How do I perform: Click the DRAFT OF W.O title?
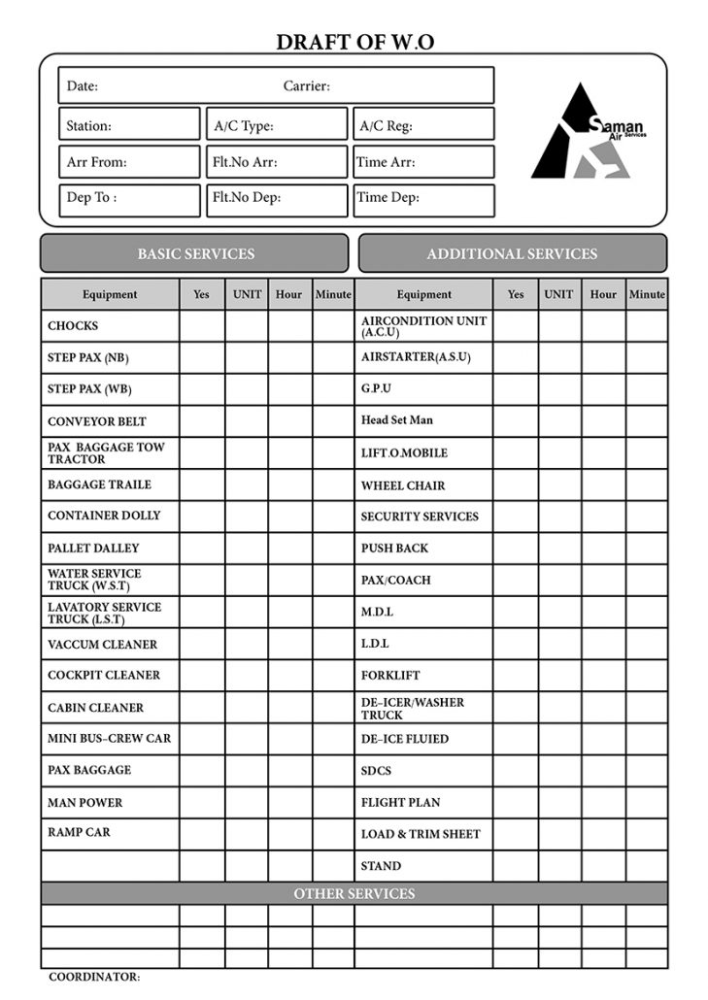[354, 42]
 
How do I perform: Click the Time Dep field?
[422, 199]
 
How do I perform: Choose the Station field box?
[129, 125]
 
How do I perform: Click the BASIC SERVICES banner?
[194, 253]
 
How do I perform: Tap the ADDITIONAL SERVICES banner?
[512, 253]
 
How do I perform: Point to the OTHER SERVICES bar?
[354, 893]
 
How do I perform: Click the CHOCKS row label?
[73, 326]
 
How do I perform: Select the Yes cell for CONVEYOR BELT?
[202, 421]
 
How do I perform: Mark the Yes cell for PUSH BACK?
[516, 549]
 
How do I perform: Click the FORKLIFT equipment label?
[390, 675]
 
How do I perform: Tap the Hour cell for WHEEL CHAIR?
[603, 485]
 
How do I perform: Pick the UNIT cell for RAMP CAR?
[247, 833]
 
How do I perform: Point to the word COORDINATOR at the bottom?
[94, 977]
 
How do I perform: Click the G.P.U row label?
[376, 389]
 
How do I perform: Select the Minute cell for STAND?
[647, 865]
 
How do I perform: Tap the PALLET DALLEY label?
[93, 549]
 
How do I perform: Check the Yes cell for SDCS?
[516, 771]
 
